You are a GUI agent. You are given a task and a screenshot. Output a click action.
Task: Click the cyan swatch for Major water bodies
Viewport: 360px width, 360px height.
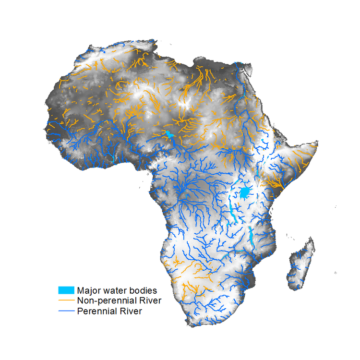(x=66, y=290)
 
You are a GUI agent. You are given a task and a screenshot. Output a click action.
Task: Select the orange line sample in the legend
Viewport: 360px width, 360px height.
(x=66, y=300)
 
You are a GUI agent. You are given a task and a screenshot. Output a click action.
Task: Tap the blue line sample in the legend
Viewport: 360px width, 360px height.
(x=66, y=311)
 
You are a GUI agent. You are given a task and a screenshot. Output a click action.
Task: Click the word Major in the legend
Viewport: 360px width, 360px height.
(x=88, y=290)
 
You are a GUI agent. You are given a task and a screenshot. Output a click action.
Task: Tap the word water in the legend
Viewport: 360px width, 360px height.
(x=115, y=290)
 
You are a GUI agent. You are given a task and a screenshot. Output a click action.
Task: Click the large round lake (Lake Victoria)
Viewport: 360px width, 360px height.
(x=245, y=193)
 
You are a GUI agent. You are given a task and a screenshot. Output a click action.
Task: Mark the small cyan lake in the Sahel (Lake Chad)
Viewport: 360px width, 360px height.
(x=168, y=135)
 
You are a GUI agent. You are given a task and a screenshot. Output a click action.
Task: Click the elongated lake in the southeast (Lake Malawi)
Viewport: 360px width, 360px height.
(x=252, y=236)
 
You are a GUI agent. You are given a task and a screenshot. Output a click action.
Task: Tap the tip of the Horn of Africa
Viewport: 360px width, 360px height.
(x=317, y=143)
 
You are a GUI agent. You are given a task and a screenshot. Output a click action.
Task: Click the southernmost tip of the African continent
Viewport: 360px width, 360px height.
(x=192, y=326)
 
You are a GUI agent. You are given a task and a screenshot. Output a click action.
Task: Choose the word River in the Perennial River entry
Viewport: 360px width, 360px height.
(x=130, y=311)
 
